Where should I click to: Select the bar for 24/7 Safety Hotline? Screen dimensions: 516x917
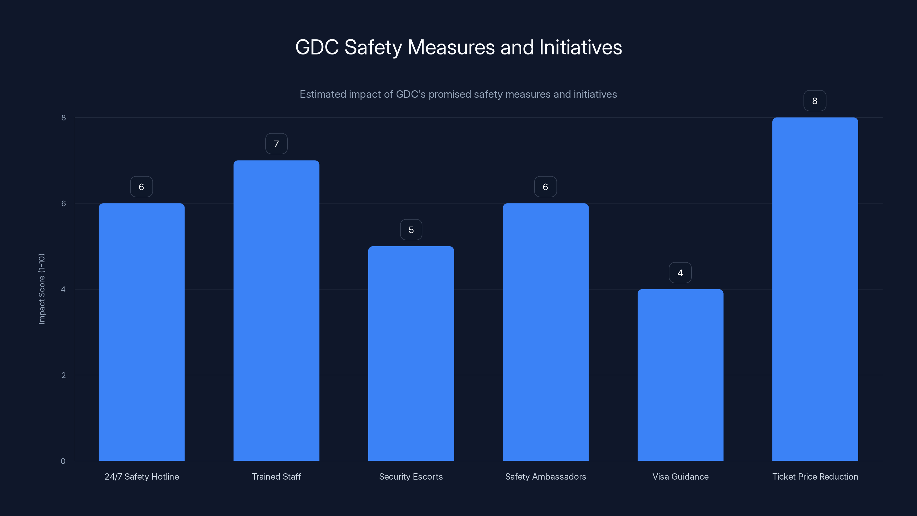pos(141,332)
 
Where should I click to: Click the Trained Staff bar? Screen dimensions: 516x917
pos(276,310)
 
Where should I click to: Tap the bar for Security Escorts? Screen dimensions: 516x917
pos(411,353)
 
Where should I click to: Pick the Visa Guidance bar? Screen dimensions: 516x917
pos(680,375)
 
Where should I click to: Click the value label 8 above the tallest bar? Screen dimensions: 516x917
pos(814,101)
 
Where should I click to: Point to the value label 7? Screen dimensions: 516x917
pos(276,144)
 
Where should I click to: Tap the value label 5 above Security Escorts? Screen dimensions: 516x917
pos(411,230)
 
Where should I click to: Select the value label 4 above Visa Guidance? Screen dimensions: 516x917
pos(680,273)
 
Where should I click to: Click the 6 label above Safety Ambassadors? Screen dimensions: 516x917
pos(545,187)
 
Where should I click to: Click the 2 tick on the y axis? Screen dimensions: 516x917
pos(63,375)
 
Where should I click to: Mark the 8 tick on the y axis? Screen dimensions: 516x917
pos(63,118)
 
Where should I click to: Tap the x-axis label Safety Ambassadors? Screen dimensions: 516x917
pos(545,476)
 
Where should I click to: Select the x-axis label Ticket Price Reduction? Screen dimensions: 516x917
pos(815,476)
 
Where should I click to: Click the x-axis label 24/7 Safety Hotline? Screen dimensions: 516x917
pos(141,476)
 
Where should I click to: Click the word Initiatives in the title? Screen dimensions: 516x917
pos(580,47)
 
